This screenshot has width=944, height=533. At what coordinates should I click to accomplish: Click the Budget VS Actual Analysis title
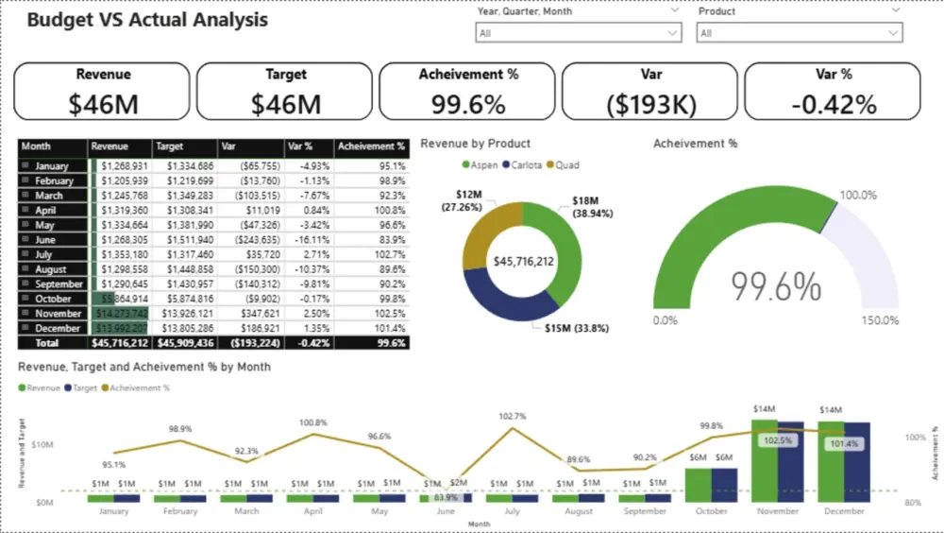click(147, 20)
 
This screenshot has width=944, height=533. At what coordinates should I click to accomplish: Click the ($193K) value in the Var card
click(650, 104)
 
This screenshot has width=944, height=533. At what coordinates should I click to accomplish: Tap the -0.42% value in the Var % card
click(833, 104)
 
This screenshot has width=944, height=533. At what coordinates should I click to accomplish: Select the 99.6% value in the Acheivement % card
click(468, 104)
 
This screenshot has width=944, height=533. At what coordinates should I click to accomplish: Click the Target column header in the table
click(171, 147)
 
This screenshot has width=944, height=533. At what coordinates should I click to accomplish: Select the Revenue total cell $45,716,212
click(120, 343)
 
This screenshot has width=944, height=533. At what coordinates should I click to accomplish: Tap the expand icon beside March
click(25, 196)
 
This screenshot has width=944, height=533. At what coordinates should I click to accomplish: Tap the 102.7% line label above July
click(513, 416)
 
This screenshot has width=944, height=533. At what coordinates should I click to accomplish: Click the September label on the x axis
click(645, 511)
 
